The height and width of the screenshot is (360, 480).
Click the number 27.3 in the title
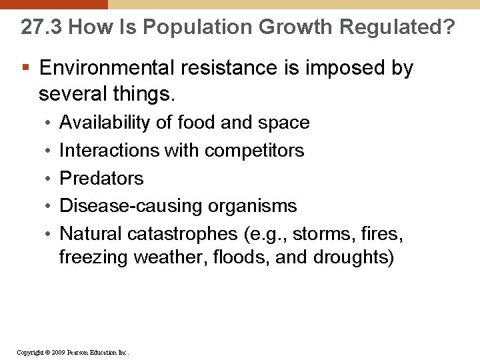41,27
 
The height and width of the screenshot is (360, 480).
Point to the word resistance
220,68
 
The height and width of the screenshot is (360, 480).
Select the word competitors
254,151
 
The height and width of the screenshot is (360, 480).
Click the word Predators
101,179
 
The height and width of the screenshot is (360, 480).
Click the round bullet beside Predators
51,179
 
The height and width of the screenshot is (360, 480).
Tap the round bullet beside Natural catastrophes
51,234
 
